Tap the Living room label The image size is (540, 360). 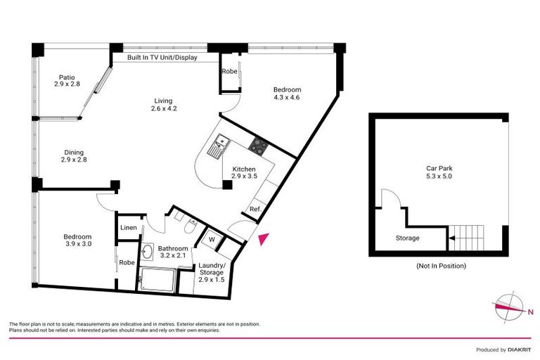point(162,104)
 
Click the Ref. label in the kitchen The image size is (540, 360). point(256,209)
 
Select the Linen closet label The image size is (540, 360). point(128,228)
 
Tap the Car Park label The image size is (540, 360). point(439,172)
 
